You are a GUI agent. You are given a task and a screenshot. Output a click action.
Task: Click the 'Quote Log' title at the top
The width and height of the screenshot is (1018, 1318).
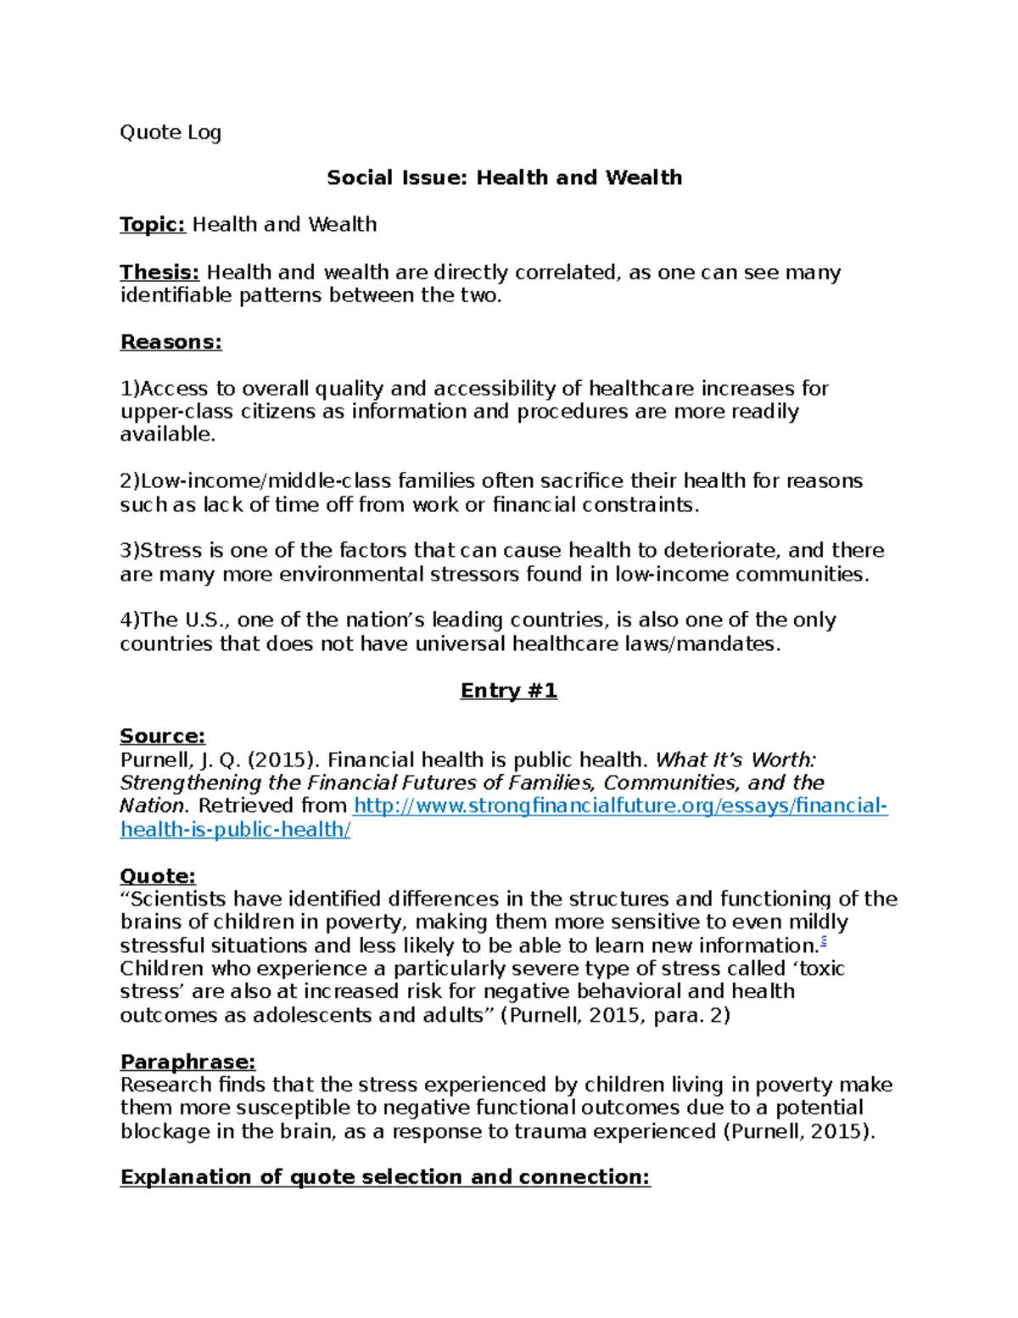pos(171,132)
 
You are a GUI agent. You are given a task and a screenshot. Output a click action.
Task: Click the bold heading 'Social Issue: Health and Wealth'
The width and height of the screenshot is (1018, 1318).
pos(504,177)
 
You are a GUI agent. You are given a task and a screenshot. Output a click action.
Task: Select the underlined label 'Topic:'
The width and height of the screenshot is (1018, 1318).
pos(152,224)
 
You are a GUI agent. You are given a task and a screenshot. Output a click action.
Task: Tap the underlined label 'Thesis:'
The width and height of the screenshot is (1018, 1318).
pos(159,272)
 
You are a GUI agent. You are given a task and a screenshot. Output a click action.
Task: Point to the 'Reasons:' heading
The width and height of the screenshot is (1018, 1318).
pos(171,342)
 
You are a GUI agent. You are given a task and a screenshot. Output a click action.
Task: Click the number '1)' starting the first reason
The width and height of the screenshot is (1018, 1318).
pos(129,389)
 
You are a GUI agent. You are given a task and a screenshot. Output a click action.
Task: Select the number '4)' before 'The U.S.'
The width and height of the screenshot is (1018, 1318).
pos(129,620)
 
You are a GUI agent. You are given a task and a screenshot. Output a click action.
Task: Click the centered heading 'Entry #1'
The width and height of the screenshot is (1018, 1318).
pos(508,691)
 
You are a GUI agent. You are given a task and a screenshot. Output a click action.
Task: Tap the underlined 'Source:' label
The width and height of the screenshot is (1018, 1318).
pos(162,736)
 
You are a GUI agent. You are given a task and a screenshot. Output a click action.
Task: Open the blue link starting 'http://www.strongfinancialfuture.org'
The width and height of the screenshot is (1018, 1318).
pos(619,805)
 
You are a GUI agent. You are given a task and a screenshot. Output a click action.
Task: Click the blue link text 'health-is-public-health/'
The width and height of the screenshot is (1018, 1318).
pos(235,829)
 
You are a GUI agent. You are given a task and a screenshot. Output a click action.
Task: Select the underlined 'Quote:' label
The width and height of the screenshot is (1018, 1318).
pos(158,876)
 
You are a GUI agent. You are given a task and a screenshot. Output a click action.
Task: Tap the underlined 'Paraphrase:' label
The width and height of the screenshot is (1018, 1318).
pos(187,1062)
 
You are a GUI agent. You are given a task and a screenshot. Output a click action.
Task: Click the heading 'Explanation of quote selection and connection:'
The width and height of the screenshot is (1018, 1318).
pos(385,1177)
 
